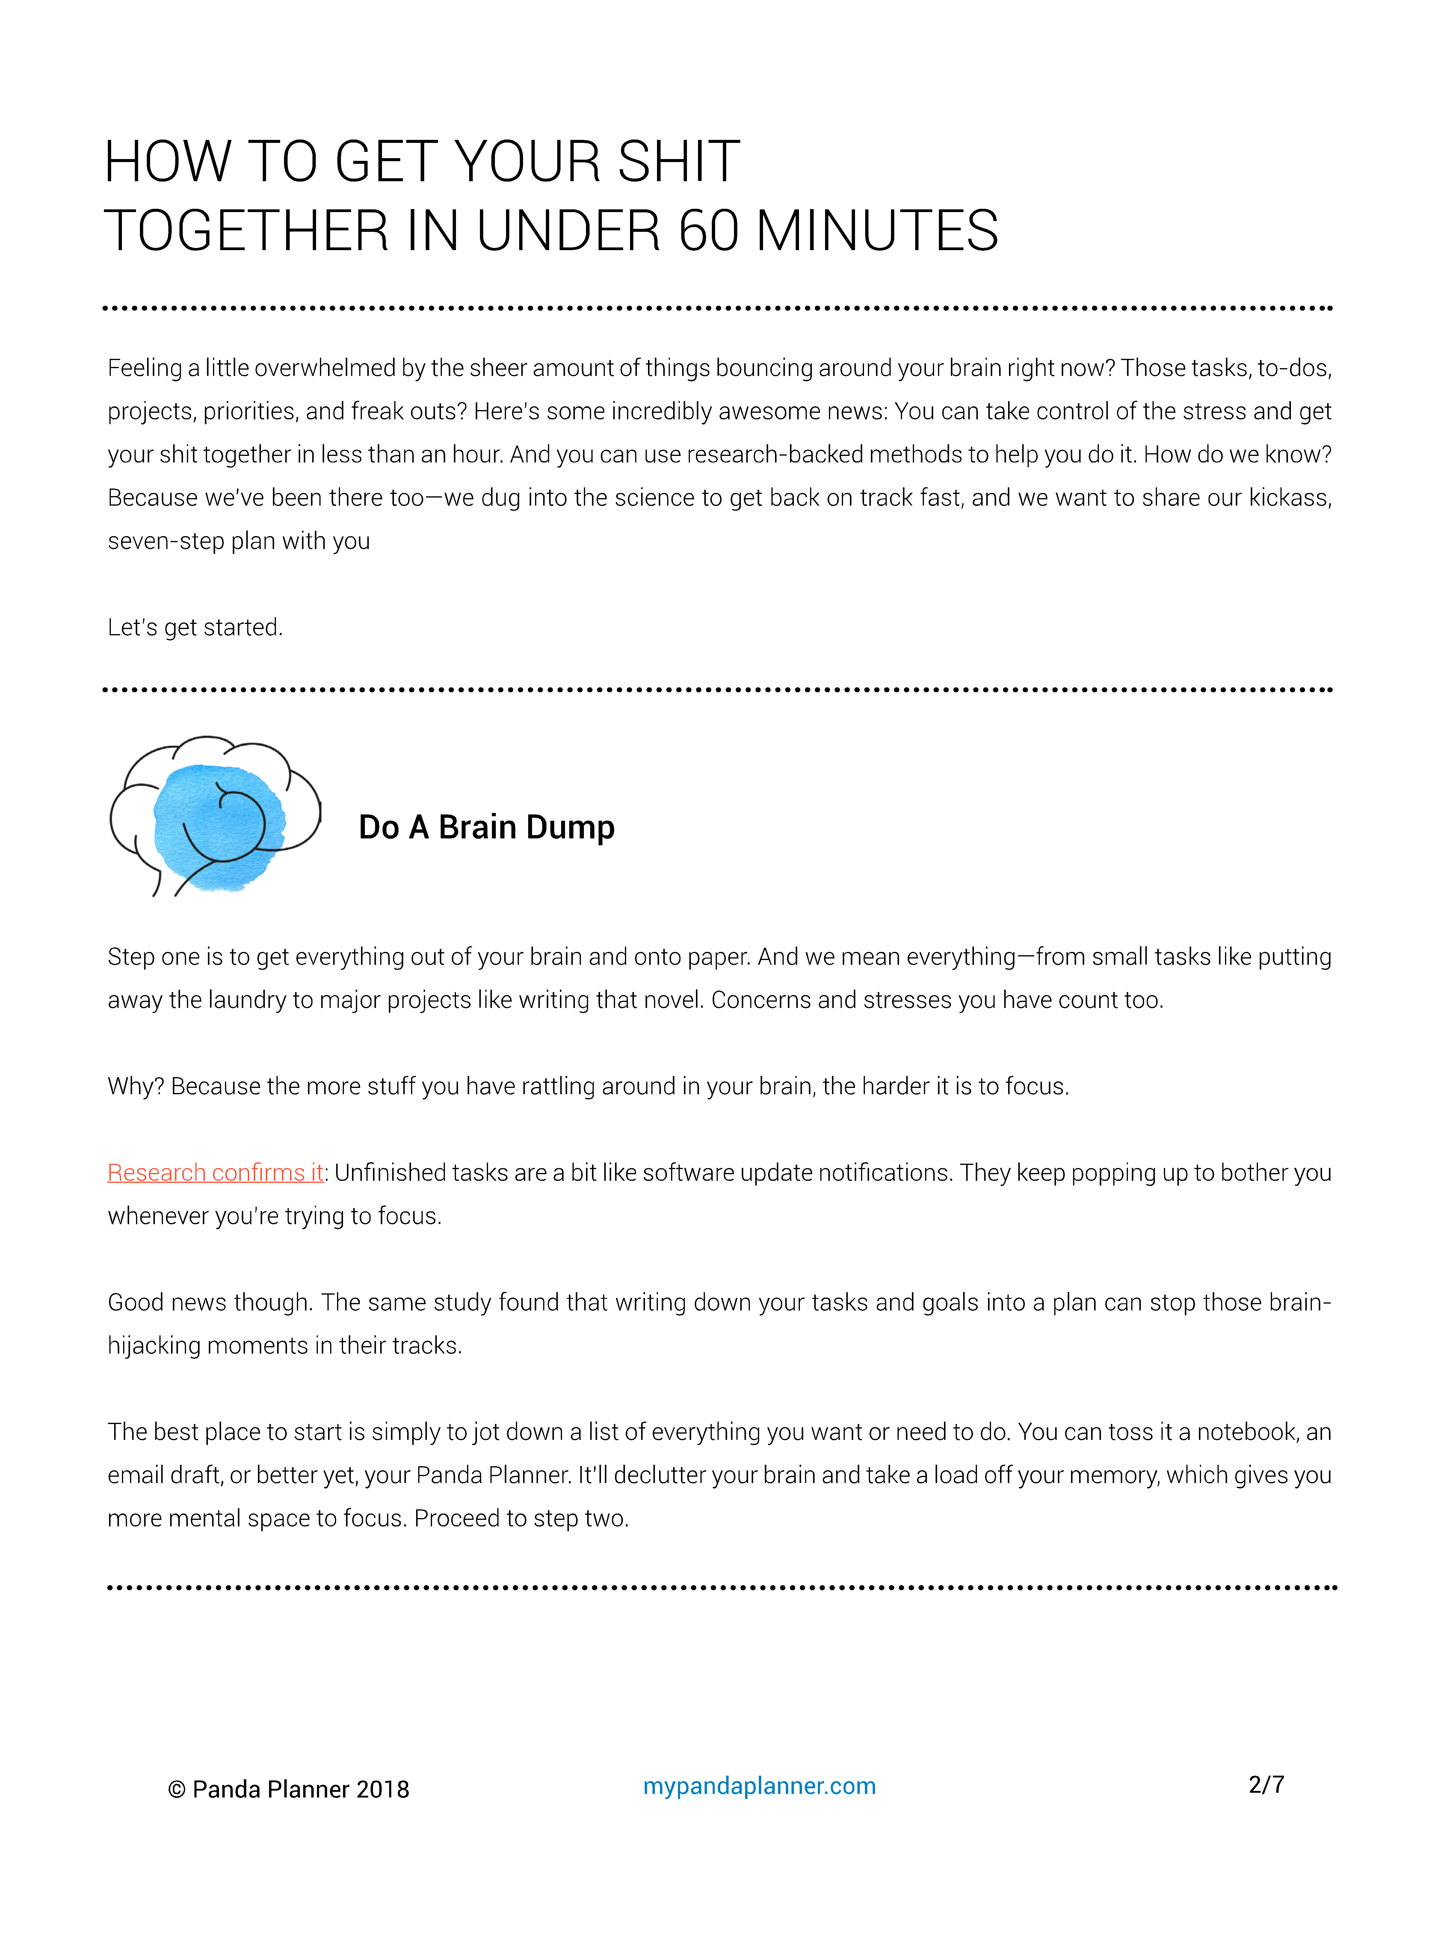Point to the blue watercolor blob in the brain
click(x=217, y=827)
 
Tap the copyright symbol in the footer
click(x=177, y=1789)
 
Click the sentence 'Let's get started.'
click(x=195, y=628)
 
